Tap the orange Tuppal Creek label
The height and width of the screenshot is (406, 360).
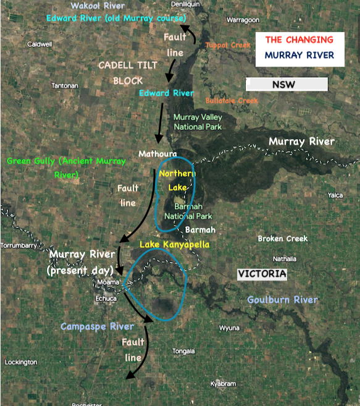pos(228,46)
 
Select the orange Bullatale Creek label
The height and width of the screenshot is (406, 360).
pos(231,100)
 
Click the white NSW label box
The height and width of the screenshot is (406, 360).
pos(287,84)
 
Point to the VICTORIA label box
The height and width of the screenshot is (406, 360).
pos(262,273)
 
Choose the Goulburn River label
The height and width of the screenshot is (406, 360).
pos(282,300)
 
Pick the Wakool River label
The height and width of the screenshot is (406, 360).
pos(93,6)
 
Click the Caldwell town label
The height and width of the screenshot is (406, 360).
pos(40,44)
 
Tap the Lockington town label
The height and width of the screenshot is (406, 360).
pos(21,362)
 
